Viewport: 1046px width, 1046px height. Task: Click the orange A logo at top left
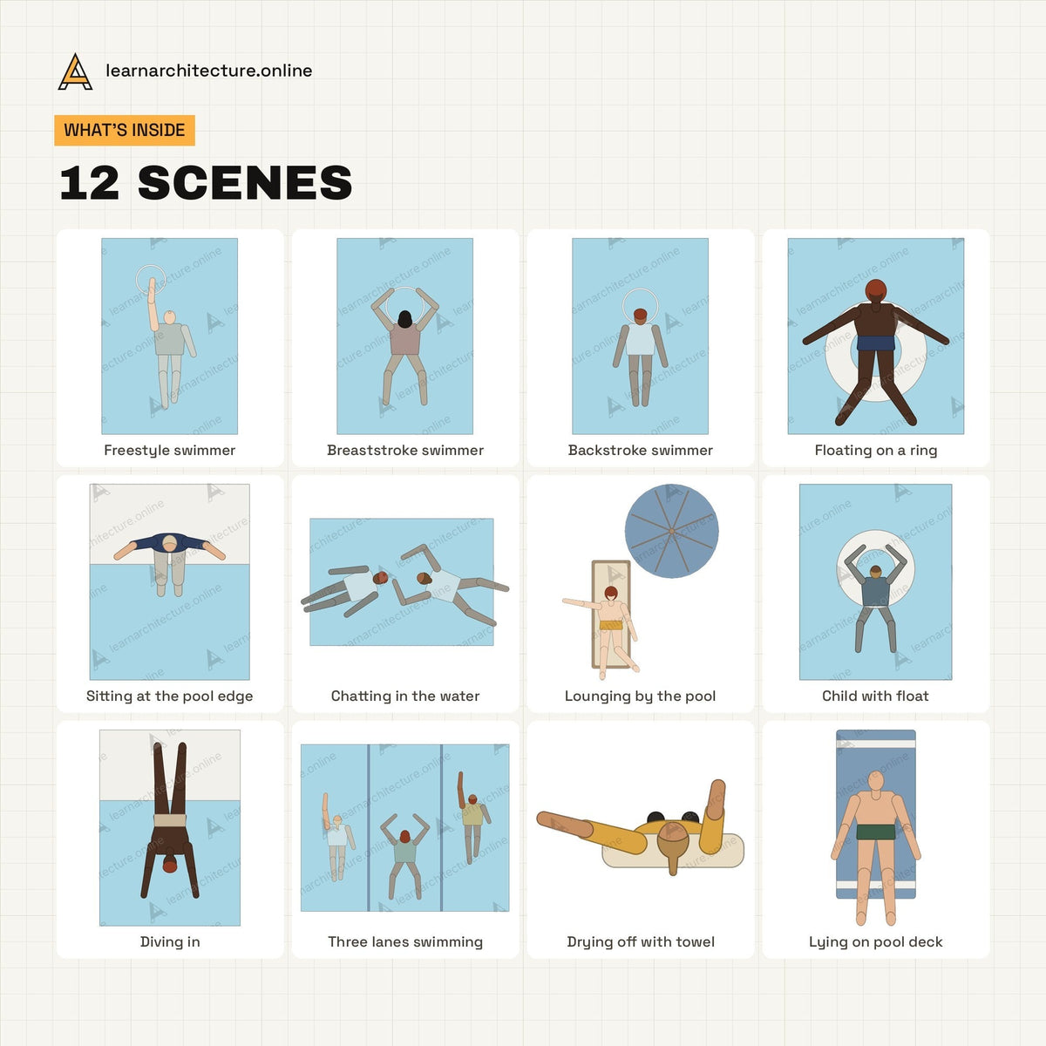[x=75, y=71]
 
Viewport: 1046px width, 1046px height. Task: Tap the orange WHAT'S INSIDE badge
[x=125, y=130]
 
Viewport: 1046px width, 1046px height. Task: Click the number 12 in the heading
[x=89, y=183]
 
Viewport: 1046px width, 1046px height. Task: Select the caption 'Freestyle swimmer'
[x=169, y=450]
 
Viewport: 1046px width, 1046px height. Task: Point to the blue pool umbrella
[x=671, y=531]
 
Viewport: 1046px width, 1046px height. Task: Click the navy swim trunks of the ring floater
[x=875, y=343]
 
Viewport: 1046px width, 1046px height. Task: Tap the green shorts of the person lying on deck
[x=875, y=832]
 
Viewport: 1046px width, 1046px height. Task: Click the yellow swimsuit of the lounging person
[x=611, y=625]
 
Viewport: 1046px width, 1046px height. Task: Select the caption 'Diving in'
[x=170, y=941]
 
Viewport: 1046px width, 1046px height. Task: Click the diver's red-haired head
[x=170, y=865]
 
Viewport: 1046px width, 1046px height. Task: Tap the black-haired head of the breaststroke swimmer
[x=405, y=319]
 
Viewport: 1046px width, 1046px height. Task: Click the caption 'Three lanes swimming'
[x=405, y=941]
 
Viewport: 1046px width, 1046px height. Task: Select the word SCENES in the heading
[x=245, y=183]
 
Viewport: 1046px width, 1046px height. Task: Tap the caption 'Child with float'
[x=875, y=696]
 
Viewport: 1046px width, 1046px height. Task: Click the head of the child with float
[x=875, y=572]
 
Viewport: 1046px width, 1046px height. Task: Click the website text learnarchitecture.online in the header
[x=209, y=71]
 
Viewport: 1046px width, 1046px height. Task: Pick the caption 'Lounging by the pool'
[x=640, y=696]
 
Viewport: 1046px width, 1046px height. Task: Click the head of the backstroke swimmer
[x=641, y=316]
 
